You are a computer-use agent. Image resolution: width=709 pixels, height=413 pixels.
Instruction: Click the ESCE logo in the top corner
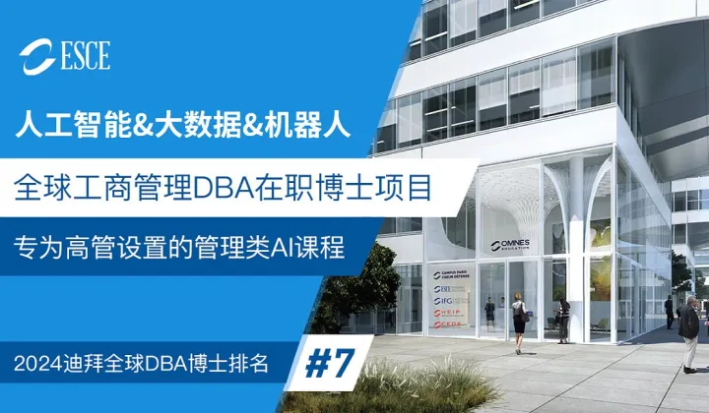pyautogui.click(x=66, y=55)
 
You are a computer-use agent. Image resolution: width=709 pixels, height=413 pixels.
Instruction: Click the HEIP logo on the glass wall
pyautogui.click(x=452, y=312)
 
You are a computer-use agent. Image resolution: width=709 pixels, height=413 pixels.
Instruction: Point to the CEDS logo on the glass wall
pyautogui.click(x=451, y=325)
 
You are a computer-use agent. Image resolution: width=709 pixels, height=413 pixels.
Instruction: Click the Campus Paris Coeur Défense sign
pyautogui.click(x=451, y=272)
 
